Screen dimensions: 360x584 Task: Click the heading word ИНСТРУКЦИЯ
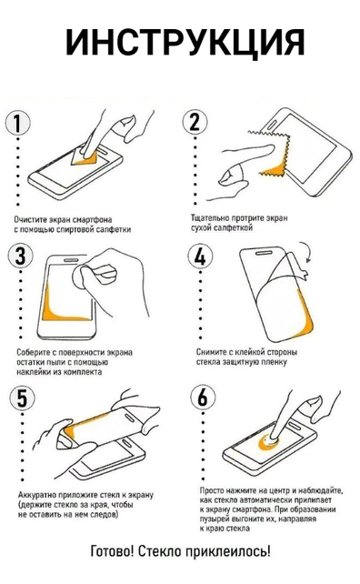tap(185, 42)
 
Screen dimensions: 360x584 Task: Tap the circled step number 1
tap(17, 124)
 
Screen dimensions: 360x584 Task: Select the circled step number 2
tap(195, 122)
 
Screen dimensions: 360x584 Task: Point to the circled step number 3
tap(21, 257)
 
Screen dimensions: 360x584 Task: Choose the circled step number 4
tap(200, 257)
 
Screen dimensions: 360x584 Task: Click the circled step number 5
tap(23, 398)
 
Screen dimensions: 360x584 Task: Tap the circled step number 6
tap(203, 397)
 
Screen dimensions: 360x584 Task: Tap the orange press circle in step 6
tap(269, 442)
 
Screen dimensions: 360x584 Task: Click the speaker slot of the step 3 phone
tap(71, 260)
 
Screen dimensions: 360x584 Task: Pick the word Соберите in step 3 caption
tap(32, 352)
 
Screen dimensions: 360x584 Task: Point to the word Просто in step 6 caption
tap(212, 490)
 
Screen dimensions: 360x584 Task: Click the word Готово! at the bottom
tap(113, 551)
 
